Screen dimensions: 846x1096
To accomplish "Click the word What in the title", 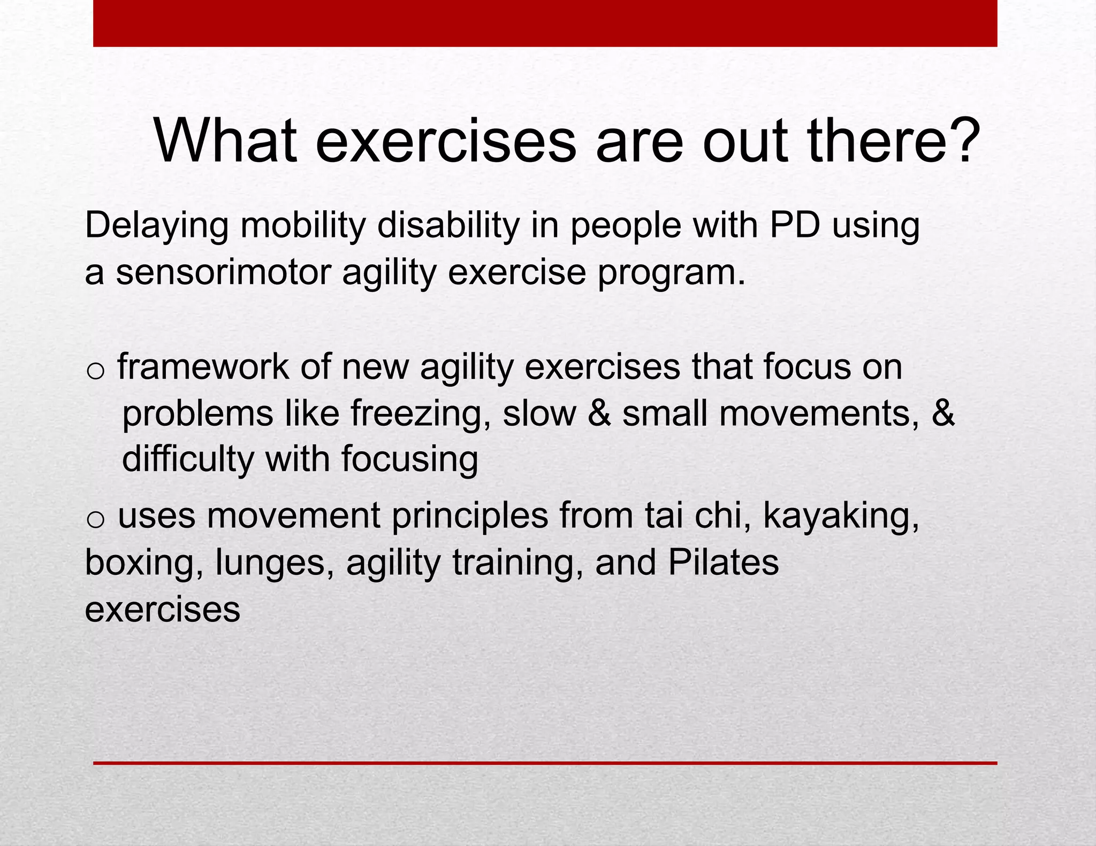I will pos(225,141).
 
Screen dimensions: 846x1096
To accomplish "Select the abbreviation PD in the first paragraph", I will pos(794,226).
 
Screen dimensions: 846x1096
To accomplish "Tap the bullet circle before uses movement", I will pos(95,520).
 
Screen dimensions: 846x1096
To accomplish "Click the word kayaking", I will pos(841,517).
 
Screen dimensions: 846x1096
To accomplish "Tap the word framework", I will pos(203,367).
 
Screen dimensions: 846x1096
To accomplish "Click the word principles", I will pos(470,517).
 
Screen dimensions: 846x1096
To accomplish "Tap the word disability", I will pos(448,226).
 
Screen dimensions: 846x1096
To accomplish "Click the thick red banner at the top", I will pos(545,23).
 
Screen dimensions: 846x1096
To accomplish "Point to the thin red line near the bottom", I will pos(545,763).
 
